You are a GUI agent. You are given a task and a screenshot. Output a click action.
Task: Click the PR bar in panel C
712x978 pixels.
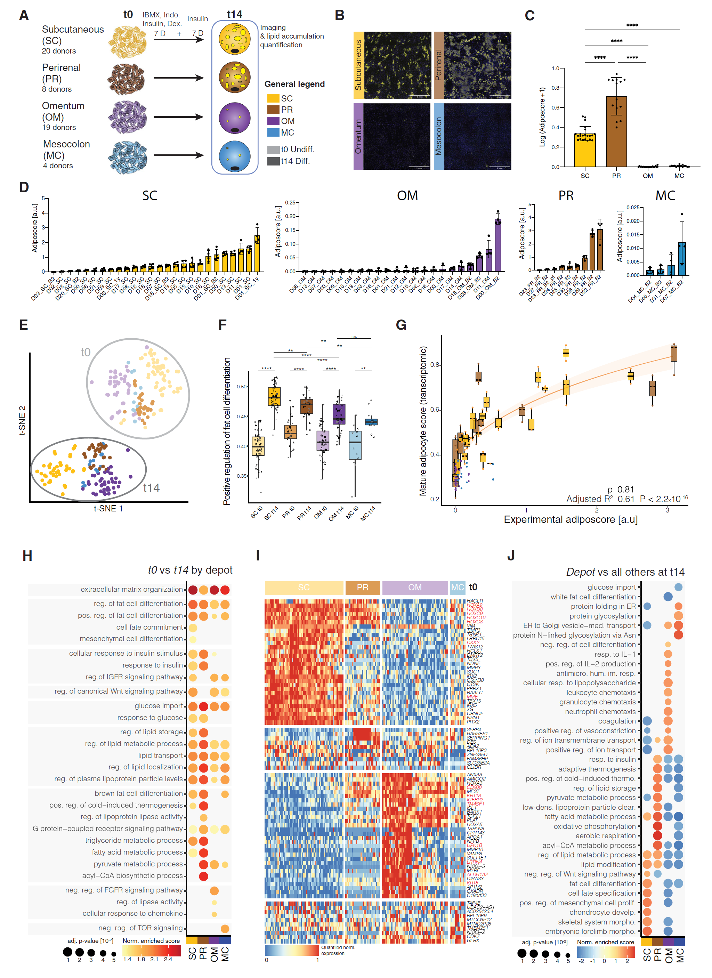click(616, 131)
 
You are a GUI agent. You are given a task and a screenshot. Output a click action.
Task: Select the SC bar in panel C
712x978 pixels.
click(585, 150)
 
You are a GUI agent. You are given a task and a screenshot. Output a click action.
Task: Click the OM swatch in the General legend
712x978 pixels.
click(273, 121)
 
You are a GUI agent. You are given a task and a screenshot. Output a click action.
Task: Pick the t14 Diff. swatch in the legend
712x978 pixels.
click(273, 161)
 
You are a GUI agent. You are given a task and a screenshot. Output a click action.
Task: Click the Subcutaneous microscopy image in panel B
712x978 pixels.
click(397, 65)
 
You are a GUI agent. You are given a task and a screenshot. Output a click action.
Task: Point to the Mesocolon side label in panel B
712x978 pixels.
click(439, 136)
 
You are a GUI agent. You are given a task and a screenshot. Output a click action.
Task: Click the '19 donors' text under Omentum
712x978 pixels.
click(59, 128)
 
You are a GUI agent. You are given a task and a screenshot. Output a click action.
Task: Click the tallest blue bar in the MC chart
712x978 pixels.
click(682, 259)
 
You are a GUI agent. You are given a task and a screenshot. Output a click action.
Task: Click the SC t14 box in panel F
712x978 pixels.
click(274, 396)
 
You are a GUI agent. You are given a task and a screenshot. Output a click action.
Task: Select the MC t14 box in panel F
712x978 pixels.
click(371, 422)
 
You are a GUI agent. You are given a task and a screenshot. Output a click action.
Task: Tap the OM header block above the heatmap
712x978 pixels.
click(415, 587)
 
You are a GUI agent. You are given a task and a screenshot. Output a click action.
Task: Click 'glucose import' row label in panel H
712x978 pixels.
click(159, 706)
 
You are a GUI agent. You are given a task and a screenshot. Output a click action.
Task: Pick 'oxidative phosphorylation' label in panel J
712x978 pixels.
click(595, 826)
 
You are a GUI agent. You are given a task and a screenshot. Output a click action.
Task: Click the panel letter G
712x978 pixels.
click(401, 325)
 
